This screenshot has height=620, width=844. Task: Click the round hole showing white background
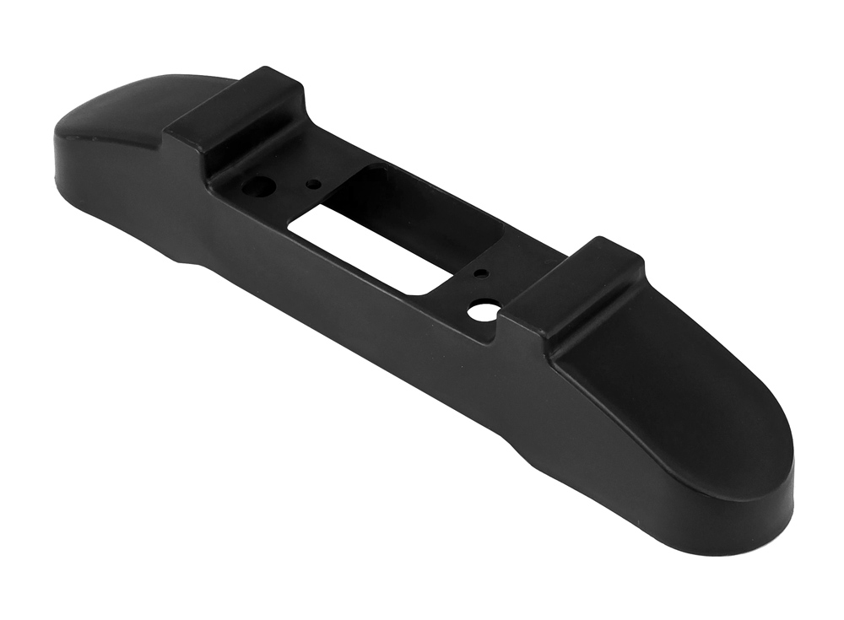pos(482,311)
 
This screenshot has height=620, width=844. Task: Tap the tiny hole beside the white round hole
pos(479,274)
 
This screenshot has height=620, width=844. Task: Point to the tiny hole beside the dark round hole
pos(313,182)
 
